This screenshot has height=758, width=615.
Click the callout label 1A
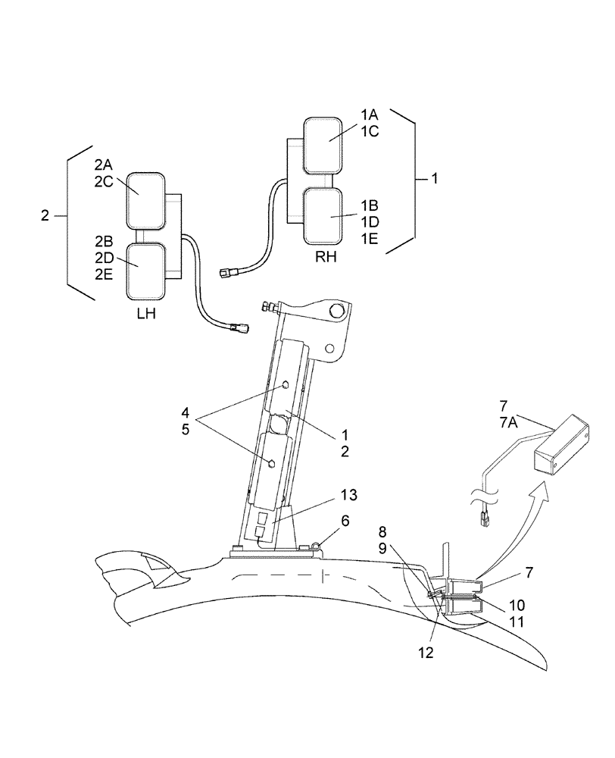(x=369, y=114)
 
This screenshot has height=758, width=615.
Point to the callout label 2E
(x=104, y=274)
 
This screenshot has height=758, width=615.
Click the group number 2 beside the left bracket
(x=45, y=216)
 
